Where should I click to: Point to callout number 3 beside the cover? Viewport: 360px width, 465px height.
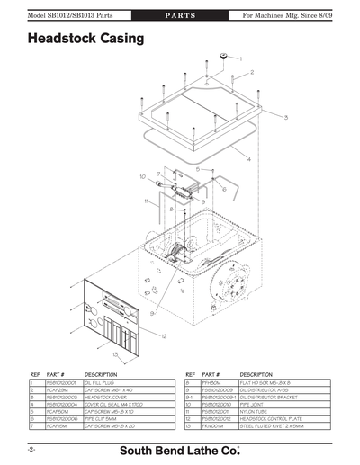pos(286,118)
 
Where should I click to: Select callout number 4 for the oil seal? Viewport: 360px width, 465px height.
pos(249,158)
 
